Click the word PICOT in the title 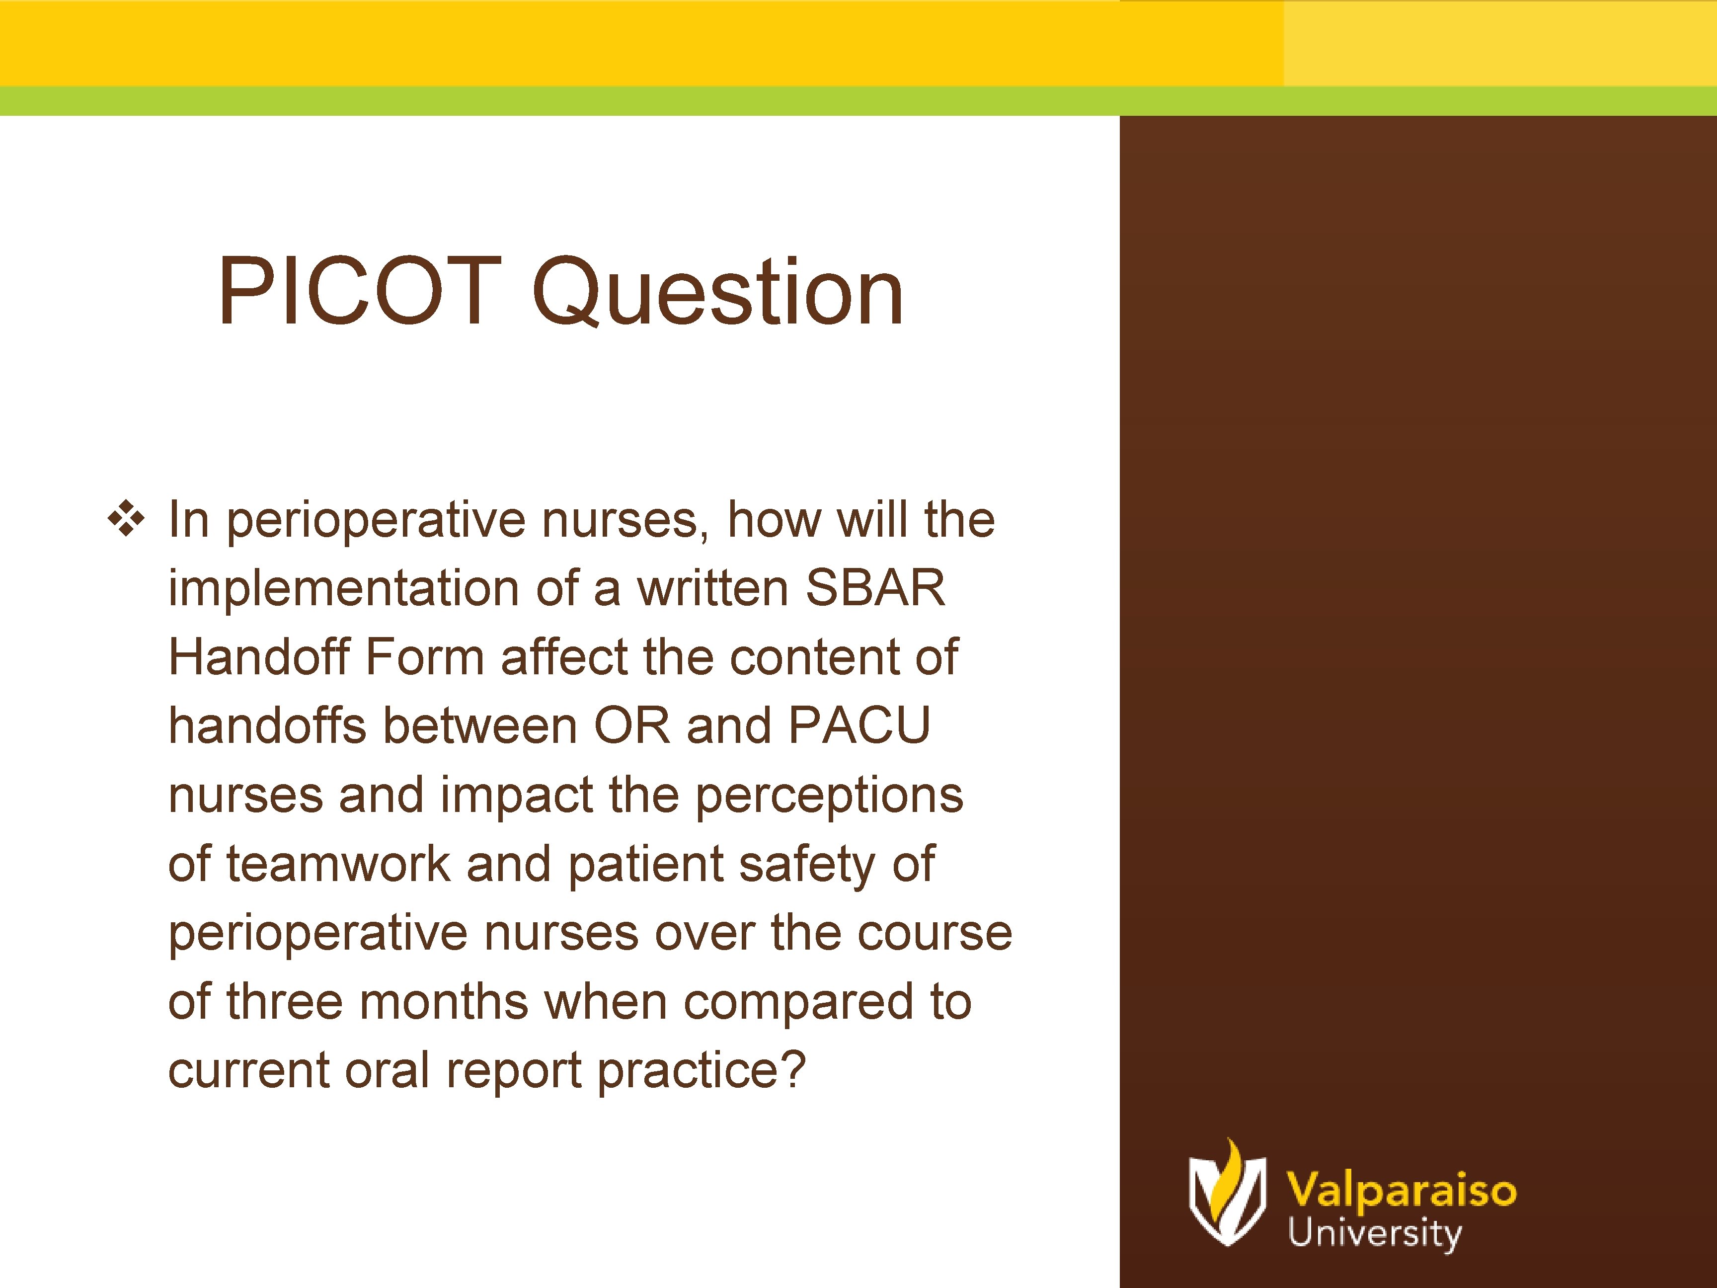tap(359, 291)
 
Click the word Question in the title tap(718, 294)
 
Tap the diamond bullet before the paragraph tap(126, 519)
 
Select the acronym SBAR tap(875, 588)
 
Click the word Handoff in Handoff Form tap(259, 657)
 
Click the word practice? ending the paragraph tap(702, 1071)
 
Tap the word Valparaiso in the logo tap(1401, 1190)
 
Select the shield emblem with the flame tap(1227, 1195)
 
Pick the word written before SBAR tap(712, 588)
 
